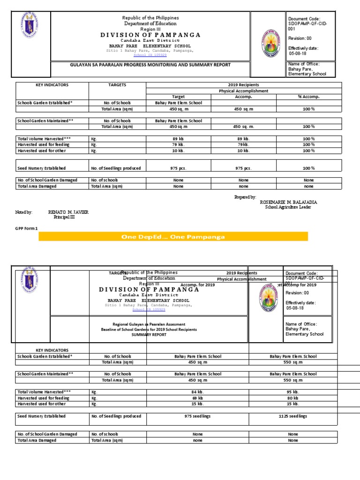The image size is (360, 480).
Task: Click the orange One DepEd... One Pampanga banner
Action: (173, 237)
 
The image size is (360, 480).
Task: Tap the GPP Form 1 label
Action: (27, 228)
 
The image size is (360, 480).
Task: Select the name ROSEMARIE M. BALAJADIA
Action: (288, 202)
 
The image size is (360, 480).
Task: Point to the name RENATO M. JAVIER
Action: (68, 212)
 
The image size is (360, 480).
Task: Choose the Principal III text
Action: (64, 217)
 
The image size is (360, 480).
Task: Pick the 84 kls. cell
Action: (198, 392)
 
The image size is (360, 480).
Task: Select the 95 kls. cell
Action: (293, 392)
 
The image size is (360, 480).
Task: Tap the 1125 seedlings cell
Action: (293, 416)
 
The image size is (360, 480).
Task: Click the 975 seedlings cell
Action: (198, 416)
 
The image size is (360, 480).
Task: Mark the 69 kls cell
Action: (198, 398)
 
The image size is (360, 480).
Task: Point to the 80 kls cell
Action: (293, 398)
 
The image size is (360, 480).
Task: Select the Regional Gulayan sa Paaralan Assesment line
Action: (149, 324)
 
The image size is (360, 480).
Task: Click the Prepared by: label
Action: (245, 197)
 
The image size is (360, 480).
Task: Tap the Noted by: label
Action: (24, 212)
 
